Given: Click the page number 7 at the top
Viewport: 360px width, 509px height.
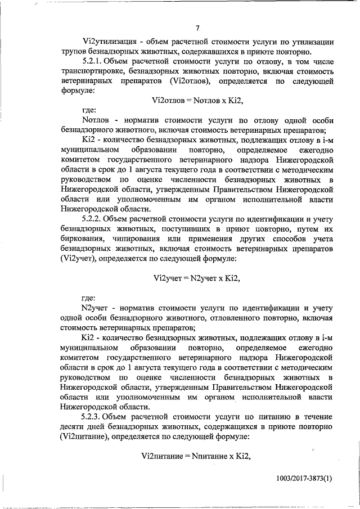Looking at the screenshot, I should tap(197, 28).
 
